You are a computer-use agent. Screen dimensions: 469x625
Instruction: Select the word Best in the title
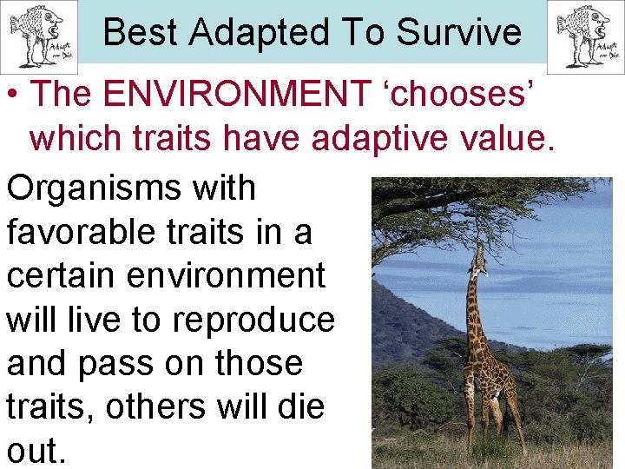pyautogui.click(x=141, y=32)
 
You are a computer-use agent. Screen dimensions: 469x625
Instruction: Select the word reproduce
pyautogui.click(x=253, y=320)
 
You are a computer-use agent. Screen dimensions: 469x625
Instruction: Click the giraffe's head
pyautogui.click(x=477, y=258)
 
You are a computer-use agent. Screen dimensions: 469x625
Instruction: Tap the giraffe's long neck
pyautogui.click(x=474, y=308)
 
